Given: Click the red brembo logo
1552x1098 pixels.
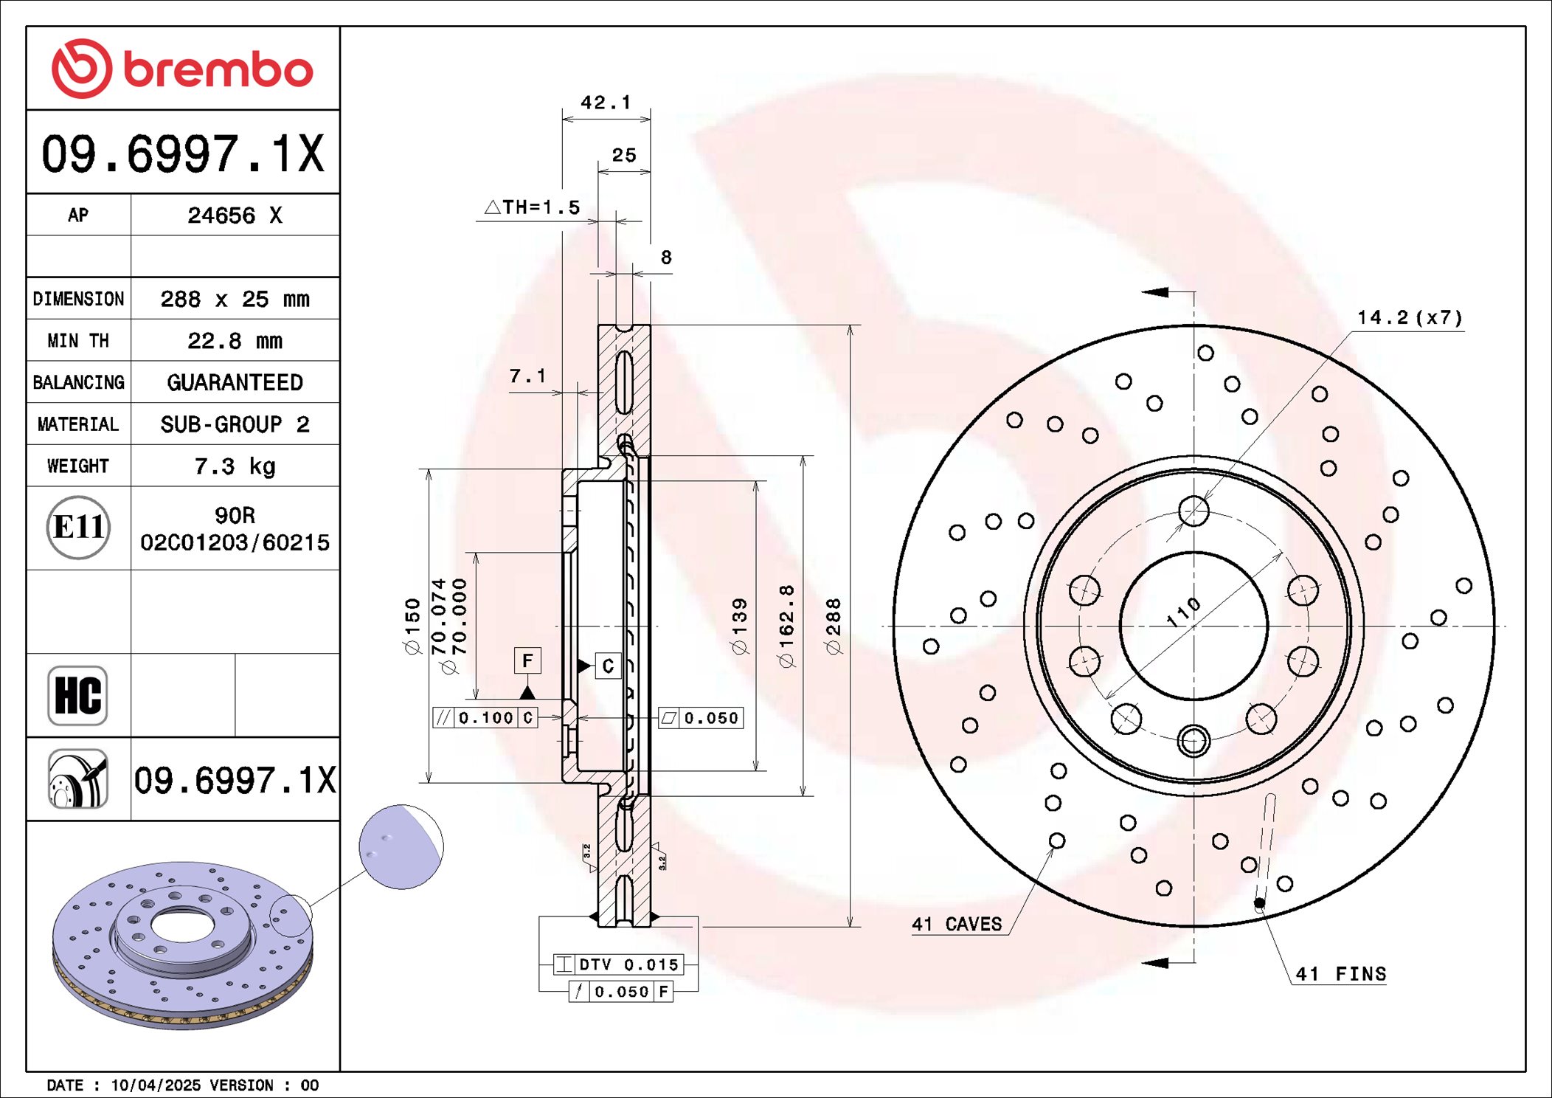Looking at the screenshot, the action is click(x=182, y=69).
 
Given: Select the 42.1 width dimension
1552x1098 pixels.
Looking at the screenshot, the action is click(x=606, y=102).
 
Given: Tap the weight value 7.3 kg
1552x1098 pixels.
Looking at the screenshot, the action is click(x=235, y=466).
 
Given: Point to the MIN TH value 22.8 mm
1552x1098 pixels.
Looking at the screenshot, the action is click(x=235, y=341).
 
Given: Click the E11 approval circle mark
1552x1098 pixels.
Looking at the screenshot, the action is click(x=78, y=527).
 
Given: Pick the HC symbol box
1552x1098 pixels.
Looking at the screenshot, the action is click(x=77, y=695).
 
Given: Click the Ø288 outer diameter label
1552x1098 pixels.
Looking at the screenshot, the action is click(x=834, y=626).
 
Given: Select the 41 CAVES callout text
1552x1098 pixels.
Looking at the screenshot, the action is click(x=957, y=924).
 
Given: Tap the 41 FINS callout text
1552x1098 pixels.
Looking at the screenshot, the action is click(x=1341, y=974).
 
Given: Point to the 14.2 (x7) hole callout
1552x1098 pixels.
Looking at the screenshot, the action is click(x=1410, y=317).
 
